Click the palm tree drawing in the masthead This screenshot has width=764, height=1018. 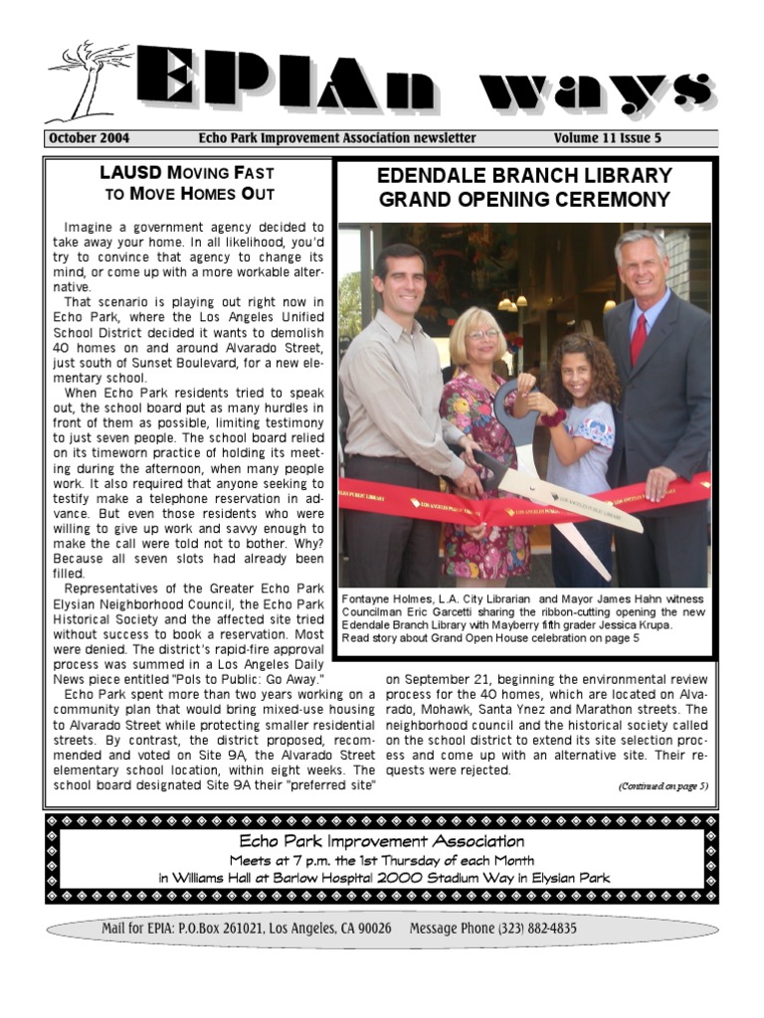[x=90, y=80]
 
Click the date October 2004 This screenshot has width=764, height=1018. [x=88, y=138]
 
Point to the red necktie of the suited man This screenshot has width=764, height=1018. [x=638, y=339]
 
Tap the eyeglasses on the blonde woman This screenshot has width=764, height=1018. [x=483, y=335]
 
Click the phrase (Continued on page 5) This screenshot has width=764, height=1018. [x=662, y=785]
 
